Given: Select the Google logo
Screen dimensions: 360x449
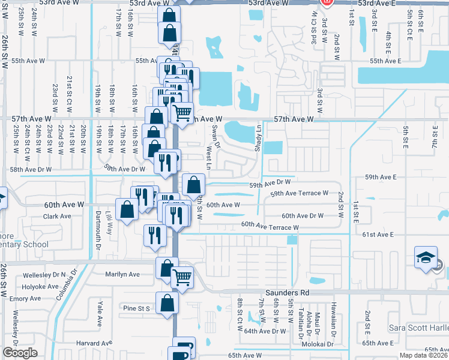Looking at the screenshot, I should coord(20,353).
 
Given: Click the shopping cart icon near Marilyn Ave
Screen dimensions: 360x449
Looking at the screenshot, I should coord(182,277).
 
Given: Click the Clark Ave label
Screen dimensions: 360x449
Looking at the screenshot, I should coord(58,216).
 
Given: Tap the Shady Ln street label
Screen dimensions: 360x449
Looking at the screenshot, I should coord(259,138).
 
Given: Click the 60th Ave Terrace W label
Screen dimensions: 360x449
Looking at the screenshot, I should coord(270,227).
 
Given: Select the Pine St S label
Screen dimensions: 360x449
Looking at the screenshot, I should coord(135,308).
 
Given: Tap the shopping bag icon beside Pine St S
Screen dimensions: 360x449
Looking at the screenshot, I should coord(167,302).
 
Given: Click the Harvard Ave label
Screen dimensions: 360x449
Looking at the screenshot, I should coord(95,343).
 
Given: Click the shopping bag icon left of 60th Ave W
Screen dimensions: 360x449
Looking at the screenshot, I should coord(127,210).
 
